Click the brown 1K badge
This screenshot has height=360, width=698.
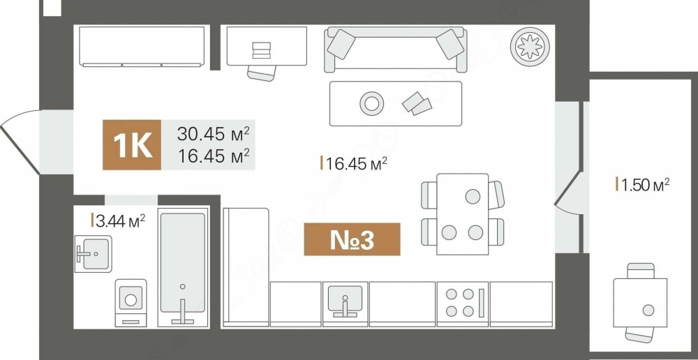132,145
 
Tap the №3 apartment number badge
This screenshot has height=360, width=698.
352,239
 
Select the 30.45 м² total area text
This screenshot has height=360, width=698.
213,133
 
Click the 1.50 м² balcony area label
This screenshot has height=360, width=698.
643,183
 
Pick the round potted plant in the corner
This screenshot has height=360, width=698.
530,44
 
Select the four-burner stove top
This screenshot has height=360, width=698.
463,303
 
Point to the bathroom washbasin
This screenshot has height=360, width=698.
93,254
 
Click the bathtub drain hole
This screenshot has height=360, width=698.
182,287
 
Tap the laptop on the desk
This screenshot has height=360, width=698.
261,50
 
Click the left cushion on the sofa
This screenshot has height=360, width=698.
341,44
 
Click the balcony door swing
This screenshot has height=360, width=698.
567,193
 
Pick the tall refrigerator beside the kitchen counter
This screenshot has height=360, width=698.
246,267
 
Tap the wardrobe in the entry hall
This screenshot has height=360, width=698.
142,46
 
